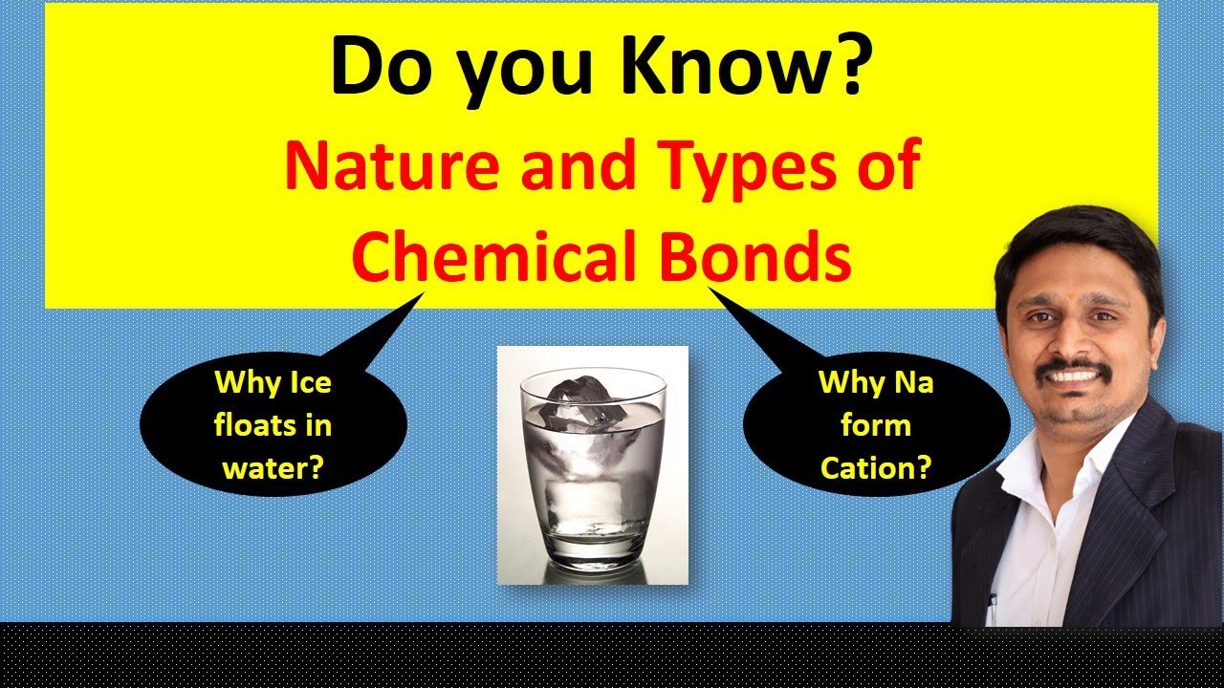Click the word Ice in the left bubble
click(312, 383)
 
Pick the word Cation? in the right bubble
click(876, 467)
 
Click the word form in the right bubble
click(876, 425)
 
